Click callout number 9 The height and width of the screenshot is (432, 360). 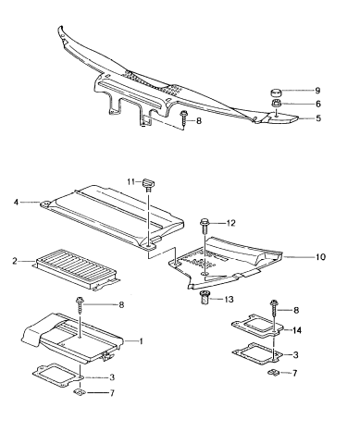[x=317, y=91]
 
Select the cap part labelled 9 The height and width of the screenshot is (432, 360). [x=276, y=93]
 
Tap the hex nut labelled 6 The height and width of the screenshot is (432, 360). [x=276, y=103]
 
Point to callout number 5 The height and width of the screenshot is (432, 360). [x=317, y=118]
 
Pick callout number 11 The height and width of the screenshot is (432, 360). [x=131, y=181]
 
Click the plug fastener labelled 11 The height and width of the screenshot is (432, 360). [x=148, y=184]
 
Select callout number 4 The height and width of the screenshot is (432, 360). [x=16, y=203]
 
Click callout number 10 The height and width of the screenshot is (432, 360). [x=321, y=256]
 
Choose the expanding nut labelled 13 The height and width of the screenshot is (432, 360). [x=205, y=297]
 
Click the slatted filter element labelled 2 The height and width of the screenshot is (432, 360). [x=75, y=270]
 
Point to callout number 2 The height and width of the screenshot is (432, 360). [x=15, y=261]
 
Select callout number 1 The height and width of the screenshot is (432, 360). [x=141, y=341]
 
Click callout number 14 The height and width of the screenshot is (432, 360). [x=296, y=330]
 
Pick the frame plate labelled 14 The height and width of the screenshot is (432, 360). [x=257, y=326]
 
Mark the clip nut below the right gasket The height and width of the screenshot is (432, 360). [x=273, y=373]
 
